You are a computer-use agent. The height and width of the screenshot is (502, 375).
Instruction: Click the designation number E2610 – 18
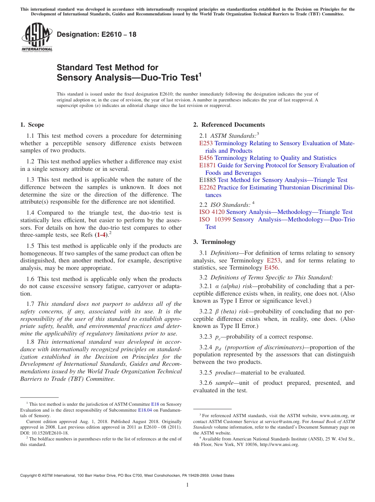coord(97,34)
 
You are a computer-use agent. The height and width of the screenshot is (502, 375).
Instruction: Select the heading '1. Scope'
coord(32,125)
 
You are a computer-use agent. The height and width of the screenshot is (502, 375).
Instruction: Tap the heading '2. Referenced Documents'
coord(229,125)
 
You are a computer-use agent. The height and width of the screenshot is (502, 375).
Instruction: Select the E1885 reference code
coord(208,180)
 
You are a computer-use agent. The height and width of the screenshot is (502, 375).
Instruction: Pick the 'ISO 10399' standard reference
coord(215,219)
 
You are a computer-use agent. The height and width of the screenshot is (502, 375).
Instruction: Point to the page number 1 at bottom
coord(187,485)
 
